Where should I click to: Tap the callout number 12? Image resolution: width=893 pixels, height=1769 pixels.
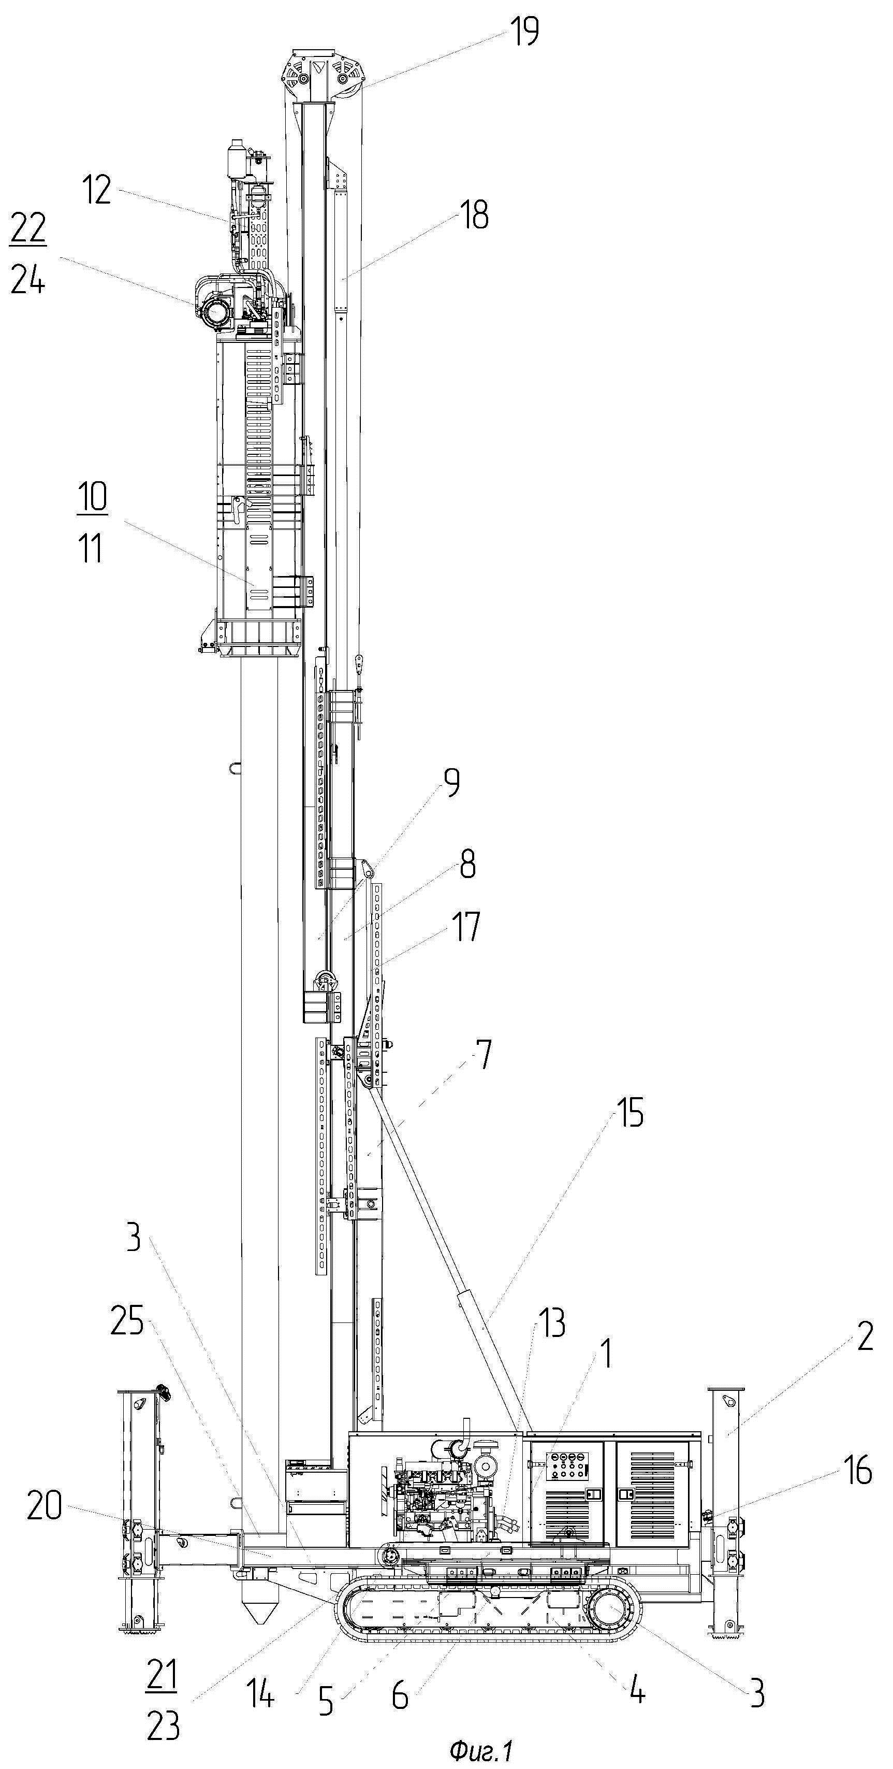(x=97, y=190)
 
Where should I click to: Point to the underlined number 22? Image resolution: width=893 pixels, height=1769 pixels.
(x=28, y=228)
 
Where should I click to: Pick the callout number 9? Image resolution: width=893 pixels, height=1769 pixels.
(x=451, y=783)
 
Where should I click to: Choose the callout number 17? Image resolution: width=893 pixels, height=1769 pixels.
(x=465, y=926)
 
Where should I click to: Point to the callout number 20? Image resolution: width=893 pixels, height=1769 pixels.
(x=44, y=1506)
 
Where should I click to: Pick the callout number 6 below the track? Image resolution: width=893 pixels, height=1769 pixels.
(x=400, y=1695)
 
